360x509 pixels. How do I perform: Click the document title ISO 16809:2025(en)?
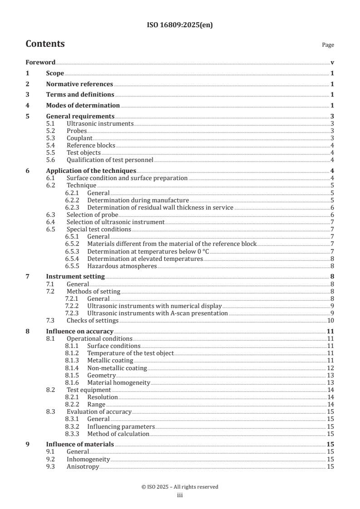(180, 25)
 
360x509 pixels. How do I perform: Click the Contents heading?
(45, 44)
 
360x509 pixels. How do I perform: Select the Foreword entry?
(40, 62)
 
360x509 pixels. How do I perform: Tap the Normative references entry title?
(79, 84)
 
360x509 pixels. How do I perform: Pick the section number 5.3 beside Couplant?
(51, 138)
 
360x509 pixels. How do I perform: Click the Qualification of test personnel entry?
(110, 160)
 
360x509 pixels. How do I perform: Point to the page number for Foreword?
(332, 62)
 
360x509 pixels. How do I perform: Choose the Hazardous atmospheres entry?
(122, 266)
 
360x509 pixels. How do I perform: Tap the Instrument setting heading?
(75, 276)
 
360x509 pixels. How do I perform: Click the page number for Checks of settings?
(331, 321)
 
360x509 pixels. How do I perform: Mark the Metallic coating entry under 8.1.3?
(110, 361)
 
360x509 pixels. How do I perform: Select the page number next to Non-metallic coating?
(330, 368)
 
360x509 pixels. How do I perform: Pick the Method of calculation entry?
(118, 434)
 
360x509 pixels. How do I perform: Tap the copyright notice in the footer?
(180, 487)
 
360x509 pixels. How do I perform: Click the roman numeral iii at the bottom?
(180, 495)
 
